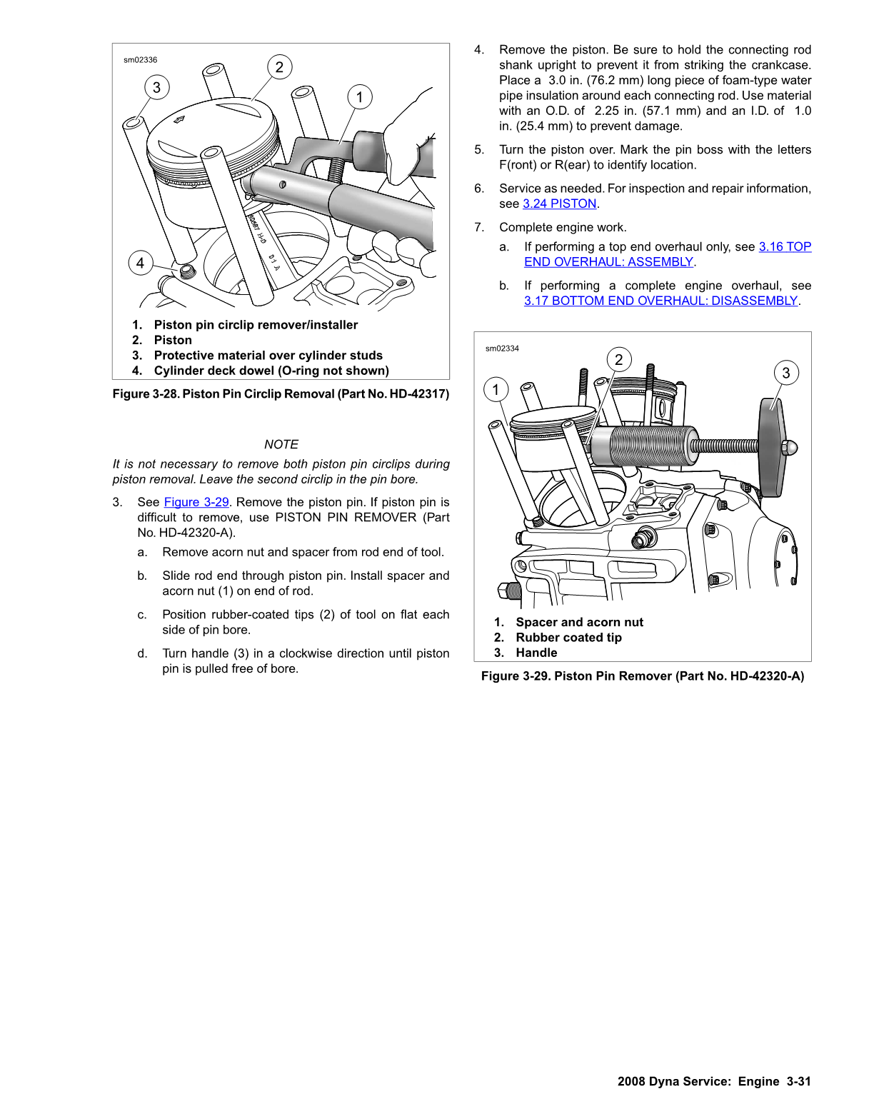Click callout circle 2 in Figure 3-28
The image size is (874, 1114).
click(279, 67)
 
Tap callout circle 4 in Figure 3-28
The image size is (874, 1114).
click(140, 263)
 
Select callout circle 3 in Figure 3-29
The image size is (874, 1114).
click(786, 373)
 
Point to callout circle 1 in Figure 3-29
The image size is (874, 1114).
click(496, 390)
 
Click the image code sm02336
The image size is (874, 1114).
click(140, 60)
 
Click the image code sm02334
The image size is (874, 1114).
click(502, 348)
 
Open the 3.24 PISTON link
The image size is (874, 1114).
click(559, 204)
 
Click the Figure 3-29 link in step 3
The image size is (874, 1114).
click(196, 502)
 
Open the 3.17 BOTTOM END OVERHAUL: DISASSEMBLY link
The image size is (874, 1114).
click(660, 301)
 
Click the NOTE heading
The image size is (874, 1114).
click(281, 444)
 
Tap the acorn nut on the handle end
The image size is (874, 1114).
click(789, 448)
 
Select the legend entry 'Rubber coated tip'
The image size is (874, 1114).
click(568, 638)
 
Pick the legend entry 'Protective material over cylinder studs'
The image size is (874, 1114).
click(268, 356)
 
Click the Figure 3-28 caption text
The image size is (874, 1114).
click(281, 394)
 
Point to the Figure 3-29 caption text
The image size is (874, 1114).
click(642, 676)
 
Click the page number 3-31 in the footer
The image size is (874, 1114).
click(798, 1081)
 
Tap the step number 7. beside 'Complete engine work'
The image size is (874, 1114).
click(479, 227)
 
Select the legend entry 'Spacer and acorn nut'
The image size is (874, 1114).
click(579, 623)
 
